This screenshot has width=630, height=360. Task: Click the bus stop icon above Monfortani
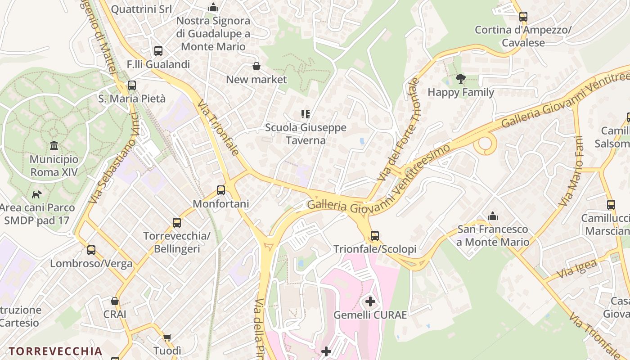[x=221, y=190]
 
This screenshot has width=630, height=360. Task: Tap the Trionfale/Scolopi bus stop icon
[x=374, y=235]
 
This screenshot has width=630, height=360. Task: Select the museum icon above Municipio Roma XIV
[x=54, y=145]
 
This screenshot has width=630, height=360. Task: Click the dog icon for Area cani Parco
[x=37, y=194]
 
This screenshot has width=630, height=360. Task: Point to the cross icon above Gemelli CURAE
[x=370, y=301]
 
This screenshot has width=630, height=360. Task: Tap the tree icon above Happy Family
[x=460, y=79]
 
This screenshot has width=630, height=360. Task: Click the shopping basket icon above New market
[x=256, y=67]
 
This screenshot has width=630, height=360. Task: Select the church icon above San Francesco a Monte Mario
[x=493, y=216]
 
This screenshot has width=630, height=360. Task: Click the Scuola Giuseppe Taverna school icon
[x=306, y=114]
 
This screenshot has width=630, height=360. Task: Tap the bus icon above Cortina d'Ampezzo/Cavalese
[x=523, y=17]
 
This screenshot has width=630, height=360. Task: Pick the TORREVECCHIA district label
[x=55, y=351]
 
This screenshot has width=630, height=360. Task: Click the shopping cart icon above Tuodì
[x=167, y=337]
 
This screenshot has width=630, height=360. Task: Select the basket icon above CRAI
[x=115, y=301]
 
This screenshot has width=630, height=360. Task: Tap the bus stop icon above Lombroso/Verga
[x=91, y=250]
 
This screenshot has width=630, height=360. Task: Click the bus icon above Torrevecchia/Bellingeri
[x=177, y=222]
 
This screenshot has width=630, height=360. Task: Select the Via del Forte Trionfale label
[x=399, y=130]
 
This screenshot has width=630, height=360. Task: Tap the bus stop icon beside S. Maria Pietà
[x=131, y=85]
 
